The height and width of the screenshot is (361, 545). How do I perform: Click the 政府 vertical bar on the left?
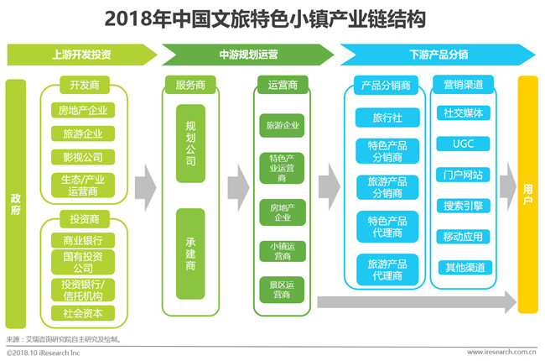[x=16, y=204]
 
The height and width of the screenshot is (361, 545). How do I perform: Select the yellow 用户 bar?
[x=527, y=194]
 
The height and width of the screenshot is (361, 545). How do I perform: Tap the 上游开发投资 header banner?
[x=81, y=55]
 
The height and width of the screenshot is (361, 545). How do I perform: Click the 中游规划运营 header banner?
[x=248, y=55]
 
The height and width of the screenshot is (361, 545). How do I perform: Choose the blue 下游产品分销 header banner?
[x=438, y=55]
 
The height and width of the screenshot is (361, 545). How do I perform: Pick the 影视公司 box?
[x=83, y=157]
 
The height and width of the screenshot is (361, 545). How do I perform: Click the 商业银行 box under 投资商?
[x=83, y=240]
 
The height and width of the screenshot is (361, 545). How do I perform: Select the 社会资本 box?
[x=83, y=313]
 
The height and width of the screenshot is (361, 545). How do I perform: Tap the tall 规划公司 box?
[x=190, y=144]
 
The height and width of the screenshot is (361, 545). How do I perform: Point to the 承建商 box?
[x=190, y=254]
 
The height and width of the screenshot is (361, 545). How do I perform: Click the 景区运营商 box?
[x=282, y=290]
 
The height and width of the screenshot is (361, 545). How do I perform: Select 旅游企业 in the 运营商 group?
[x=282, y=125]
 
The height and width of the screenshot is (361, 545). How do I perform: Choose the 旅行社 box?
[x=387, y=118]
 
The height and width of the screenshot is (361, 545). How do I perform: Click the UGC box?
[x=463, y=144]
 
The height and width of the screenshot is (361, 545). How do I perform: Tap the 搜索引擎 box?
[x=463, y=206]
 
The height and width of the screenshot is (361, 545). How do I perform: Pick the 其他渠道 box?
[x=465, y=267]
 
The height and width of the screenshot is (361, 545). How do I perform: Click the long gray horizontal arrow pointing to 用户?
[x=417, y=302]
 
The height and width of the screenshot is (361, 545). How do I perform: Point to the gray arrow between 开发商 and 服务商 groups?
[x=145, y=188]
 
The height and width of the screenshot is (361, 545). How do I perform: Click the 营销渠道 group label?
[x=464, y=85]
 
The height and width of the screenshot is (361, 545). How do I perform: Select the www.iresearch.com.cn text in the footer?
[x=501, y=352]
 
